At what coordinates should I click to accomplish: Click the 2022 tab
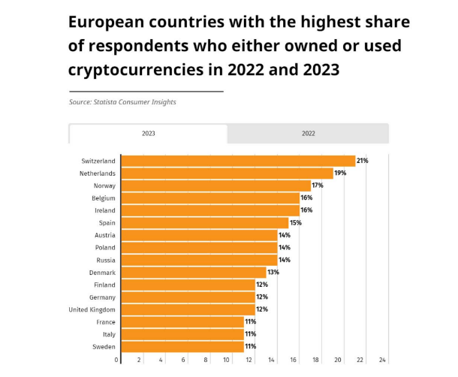coord(308,134)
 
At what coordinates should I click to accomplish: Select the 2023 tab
coord(148,134)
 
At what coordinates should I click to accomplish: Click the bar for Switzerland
coord(238,161)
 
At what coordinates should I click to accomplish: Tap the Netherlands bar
coord(227,173)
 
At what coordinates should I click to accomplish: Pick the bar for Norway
coord(215,185)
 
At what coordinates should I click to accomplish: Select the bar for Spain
coord(204,223)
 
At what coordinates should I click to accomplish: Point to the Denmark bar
coord(193,273)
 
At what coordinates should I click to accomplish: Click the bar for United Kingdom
coord(188,309)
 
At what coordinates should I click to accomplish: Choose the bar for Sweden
coord(182,347)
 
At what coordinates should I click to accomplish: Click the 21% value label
coord(363,161)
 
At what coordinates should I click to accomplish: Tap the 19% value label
coord(340,173)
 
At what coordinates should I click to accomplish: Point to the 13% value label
coord(273,273)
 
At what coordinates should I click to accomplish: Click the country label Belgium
coord(104,198)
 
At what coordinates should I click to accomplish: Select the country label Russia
coord(105,260)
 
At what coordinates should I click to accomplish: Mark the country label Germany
coord(103,297)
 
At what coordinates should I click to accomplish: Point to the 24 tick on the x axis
coord(382,360)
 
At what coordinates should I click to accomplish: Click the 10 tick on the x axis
coord(227,360)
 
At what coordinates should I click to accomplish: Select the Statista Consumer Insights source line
coord(122,102)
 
